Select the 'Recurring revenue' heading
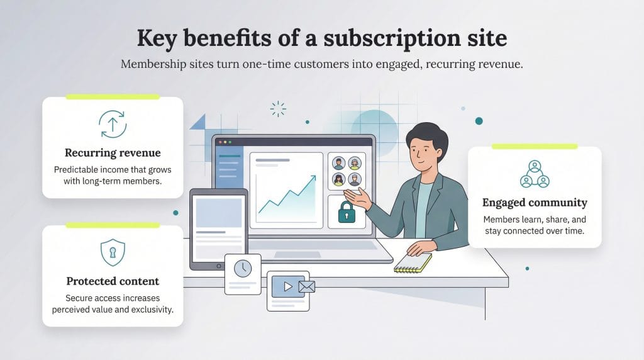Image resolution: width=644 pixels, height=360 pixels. point(113,153)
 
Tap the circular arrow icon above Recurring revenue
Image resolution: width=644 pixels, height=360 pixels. point(113,124)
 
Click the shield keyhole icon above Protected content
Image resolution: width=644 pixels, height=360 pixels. point(113,252)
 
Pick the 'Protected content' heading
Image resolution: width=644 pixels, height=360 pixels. point(113,281)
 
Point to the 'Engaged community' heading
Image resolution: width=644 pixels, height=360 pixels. point(535,203)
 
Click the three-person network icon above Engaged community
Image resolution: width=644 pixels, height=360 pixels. point(535,174)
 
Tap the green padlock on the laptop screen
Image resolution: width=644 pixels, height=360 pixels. point(346,212)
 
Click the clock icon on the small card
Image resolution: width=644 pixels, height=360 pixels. point(242,268)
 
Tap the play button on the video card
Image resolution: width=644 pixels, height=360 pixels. point(287,286)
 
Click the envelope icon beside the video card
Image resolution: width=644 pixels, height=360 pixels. point(306,287)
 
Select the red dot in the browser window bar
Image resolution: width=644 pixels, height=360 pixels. point(219,142)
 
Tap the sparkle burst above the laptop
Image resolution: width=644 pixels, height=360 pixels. point(277,109)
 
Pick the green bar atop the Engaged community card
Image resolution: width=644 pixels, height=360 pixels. point(535,147)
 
